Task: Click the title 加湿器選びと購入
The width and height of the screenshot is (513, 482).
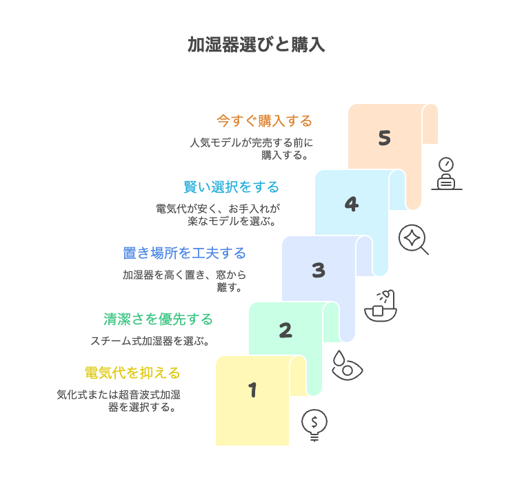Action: (256, 45)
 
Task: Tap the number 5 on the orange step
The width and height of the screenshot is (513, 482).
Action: (385, 138)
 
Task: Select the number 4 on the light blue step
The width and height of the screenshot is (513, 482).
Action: (352, 205)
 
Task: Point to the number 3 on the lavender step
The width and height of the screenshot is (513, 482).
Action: (319, 270)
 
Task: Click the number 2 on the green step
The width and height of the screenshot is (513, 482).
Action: (285, 330)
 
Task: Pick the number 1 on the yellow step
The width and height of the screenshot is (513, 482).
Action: (252, 390)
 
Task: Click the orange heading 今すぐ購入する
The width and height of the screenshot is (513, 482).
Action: (264, 121)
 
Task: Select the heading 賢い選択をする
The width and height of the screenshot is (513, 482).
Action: (231, 187)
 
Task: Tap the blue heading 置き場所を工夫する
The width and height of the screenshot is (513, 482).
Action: (185, 253)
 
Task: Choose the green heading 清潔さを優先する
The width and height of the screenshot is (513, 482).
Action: (159, 319)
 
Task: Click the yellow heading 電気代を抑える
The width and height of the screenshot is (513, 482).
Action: (132, 373)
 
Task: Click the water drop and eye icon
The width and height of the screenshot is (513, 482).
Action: (347, 366)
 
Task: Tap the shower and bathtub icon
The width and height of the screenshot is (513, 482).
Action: (381, 306)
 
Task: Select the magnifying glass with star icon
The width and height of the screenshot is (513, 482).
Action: (413, 239)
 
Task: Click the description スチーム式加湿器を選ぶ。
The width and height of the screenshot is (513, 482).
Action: (150, 341)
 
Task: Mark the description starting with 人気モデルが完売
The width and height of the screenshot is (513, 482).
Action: (251, 149)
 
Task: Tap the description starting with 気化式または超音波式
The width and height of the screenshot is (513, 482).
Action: (119, 401)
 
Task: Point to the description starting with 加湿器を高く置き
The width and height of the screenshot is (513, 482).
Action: (185, 281)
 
